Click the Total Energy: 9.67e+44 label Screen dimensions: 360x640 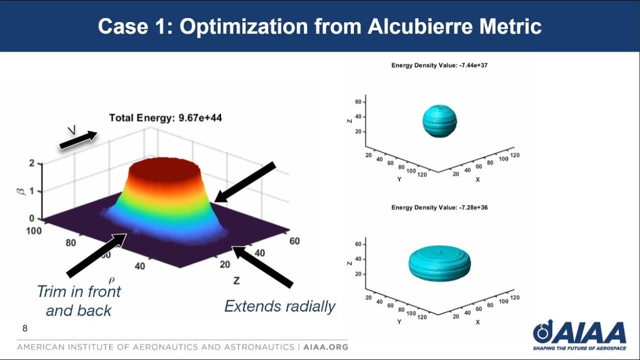coord(165,118)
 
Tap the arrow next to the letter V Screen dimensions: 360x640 coord(78,140)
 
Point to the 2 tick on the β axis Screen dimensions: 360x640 coord(32,163)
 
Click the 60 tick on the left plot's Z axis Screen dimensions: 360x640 coord(294,241)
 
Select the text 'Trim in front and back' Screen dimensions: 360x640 coord(79,300)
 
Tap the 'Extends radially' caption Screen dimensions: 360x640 coord(279,306)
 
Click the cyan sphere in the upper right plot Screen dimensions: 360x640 coord(439,121)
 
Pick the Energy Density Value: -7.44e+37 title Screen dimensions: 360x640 coord(439,65)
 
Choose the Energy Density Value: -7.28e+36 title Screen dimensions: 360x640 coord(439,207)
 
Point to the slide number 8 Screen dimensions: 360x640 coord(25,328)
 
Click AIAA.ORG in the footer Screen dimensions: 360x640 coord(325,347)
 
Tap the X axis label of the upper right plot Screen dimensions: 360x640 coord(477,179)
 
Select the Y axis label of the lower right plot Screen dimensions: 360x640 coord(399,322)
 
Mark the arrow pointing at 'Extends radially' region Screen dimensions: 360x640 coord(262,267)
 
